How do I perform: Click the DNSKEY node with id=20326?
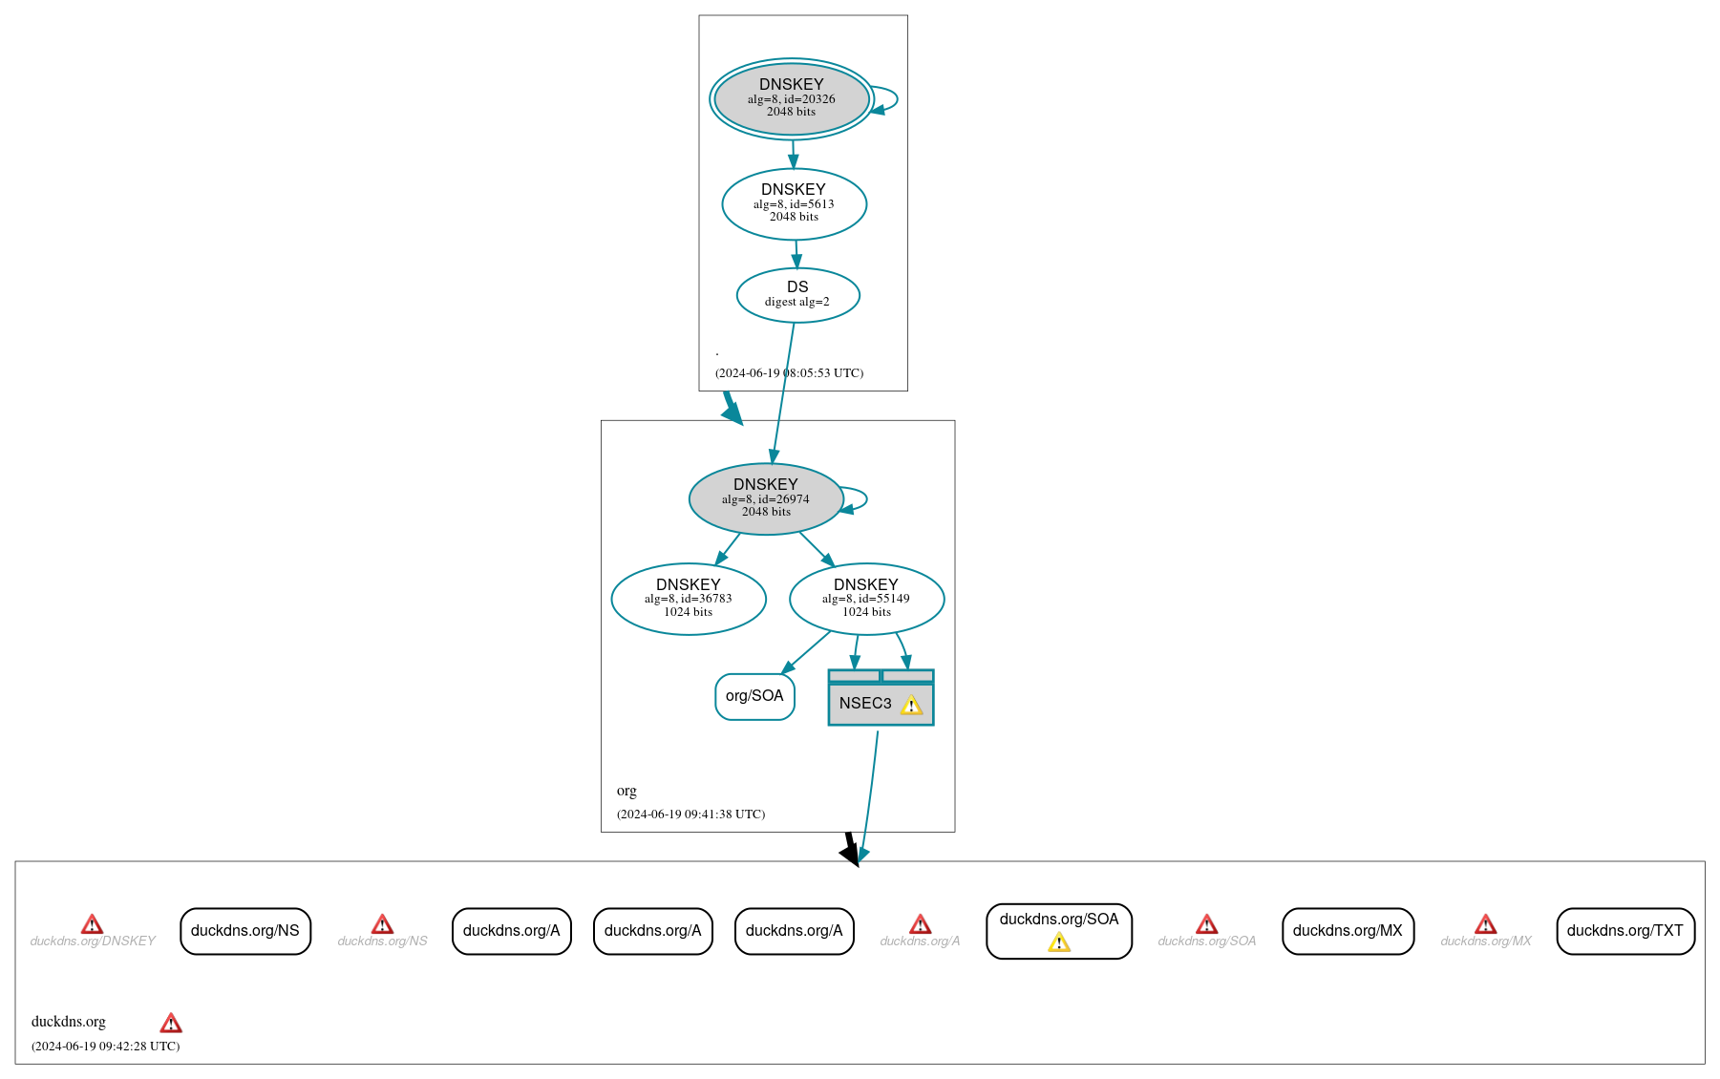(x=791, y=98)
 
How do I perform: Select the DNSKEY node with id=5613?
(x=794, y=203)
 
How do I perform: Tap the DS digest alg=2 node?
(x=797, y=295)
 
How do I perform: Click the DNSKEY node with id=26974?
(x=765, y=498)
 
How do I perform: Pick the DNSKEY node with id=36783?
(x=688, y=599)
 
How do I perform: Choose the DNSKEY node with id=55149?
(x=866, y=599)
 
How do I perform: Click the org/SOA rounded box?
(x=754, y=696)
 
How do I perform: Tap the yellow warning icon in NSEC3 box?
(x=911, y=706)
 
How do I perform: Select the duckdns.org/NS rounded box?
(x=245, y=931)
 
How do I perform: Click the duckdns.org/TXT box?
(x=1624, y=931)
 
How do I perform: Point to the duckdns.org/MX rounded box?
(x=1347, y=931)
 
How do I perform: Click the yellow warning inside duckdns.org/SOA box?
(x=1058, y=943)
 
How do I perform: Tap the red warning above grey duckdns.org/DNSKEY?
(x=92, y=924)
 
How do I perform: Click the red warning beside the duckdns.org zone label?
(x=171, y=1024)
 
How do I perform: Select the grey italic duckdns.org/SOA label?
(x=1206, y=941)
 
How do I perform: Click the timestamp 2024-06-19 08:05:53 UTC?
(x=789, y=373)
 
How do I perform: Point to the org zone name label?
(x=626, y=791)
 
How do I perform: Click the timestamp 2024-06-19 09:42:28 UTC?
(x=105, y=1047)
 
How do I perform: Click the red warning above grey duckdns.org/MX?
(x=1485, y=924)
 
